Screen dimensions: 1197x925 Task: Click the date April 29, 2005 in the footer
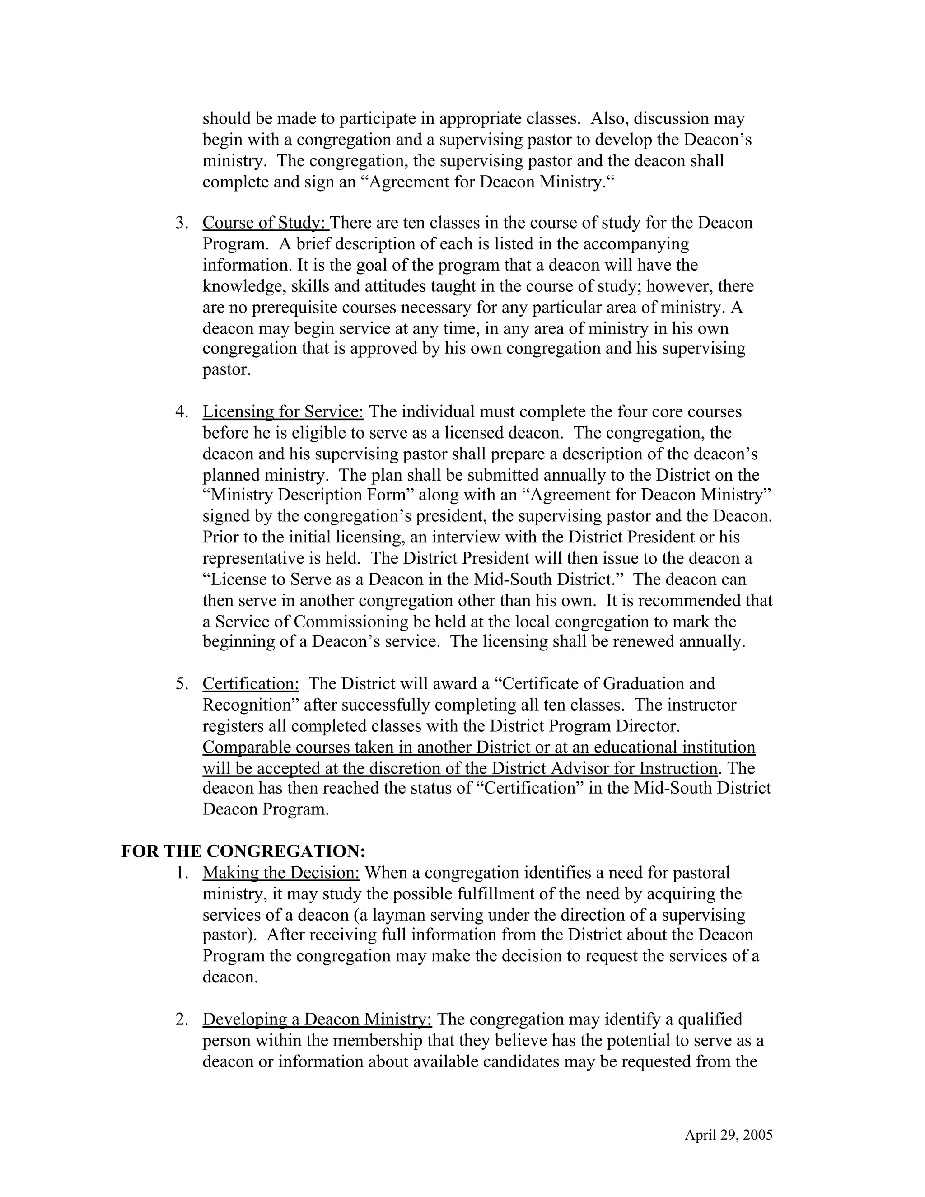[x=728, y=1135]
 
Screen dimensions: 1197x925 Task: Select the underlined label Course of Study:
[x=265, y=223]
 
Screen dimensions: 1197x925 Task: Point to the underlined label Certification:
[x=250, y=683]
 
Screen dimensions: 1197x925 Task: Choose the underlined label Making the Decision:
[x=280, y=873]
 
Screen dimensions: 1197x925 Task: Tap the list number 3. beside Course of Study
[x=182, y=223]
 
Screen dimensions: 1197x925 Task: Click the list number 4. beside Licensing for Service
[x=182, y=411]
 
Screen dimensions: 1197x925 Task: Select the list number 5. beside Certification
[x=182, y=683]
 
